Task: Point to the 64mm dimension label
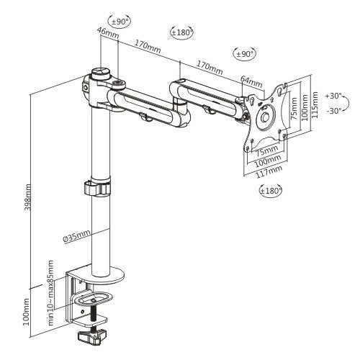[x=248, y=78]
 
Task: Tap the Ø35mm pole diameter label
[x=77, y=235]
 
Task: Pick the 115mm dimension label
[x=312, y=103]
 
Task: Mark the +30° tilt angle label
[x=333, y=95]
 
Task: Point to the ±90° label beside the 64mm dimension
[x=245, y=54]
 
